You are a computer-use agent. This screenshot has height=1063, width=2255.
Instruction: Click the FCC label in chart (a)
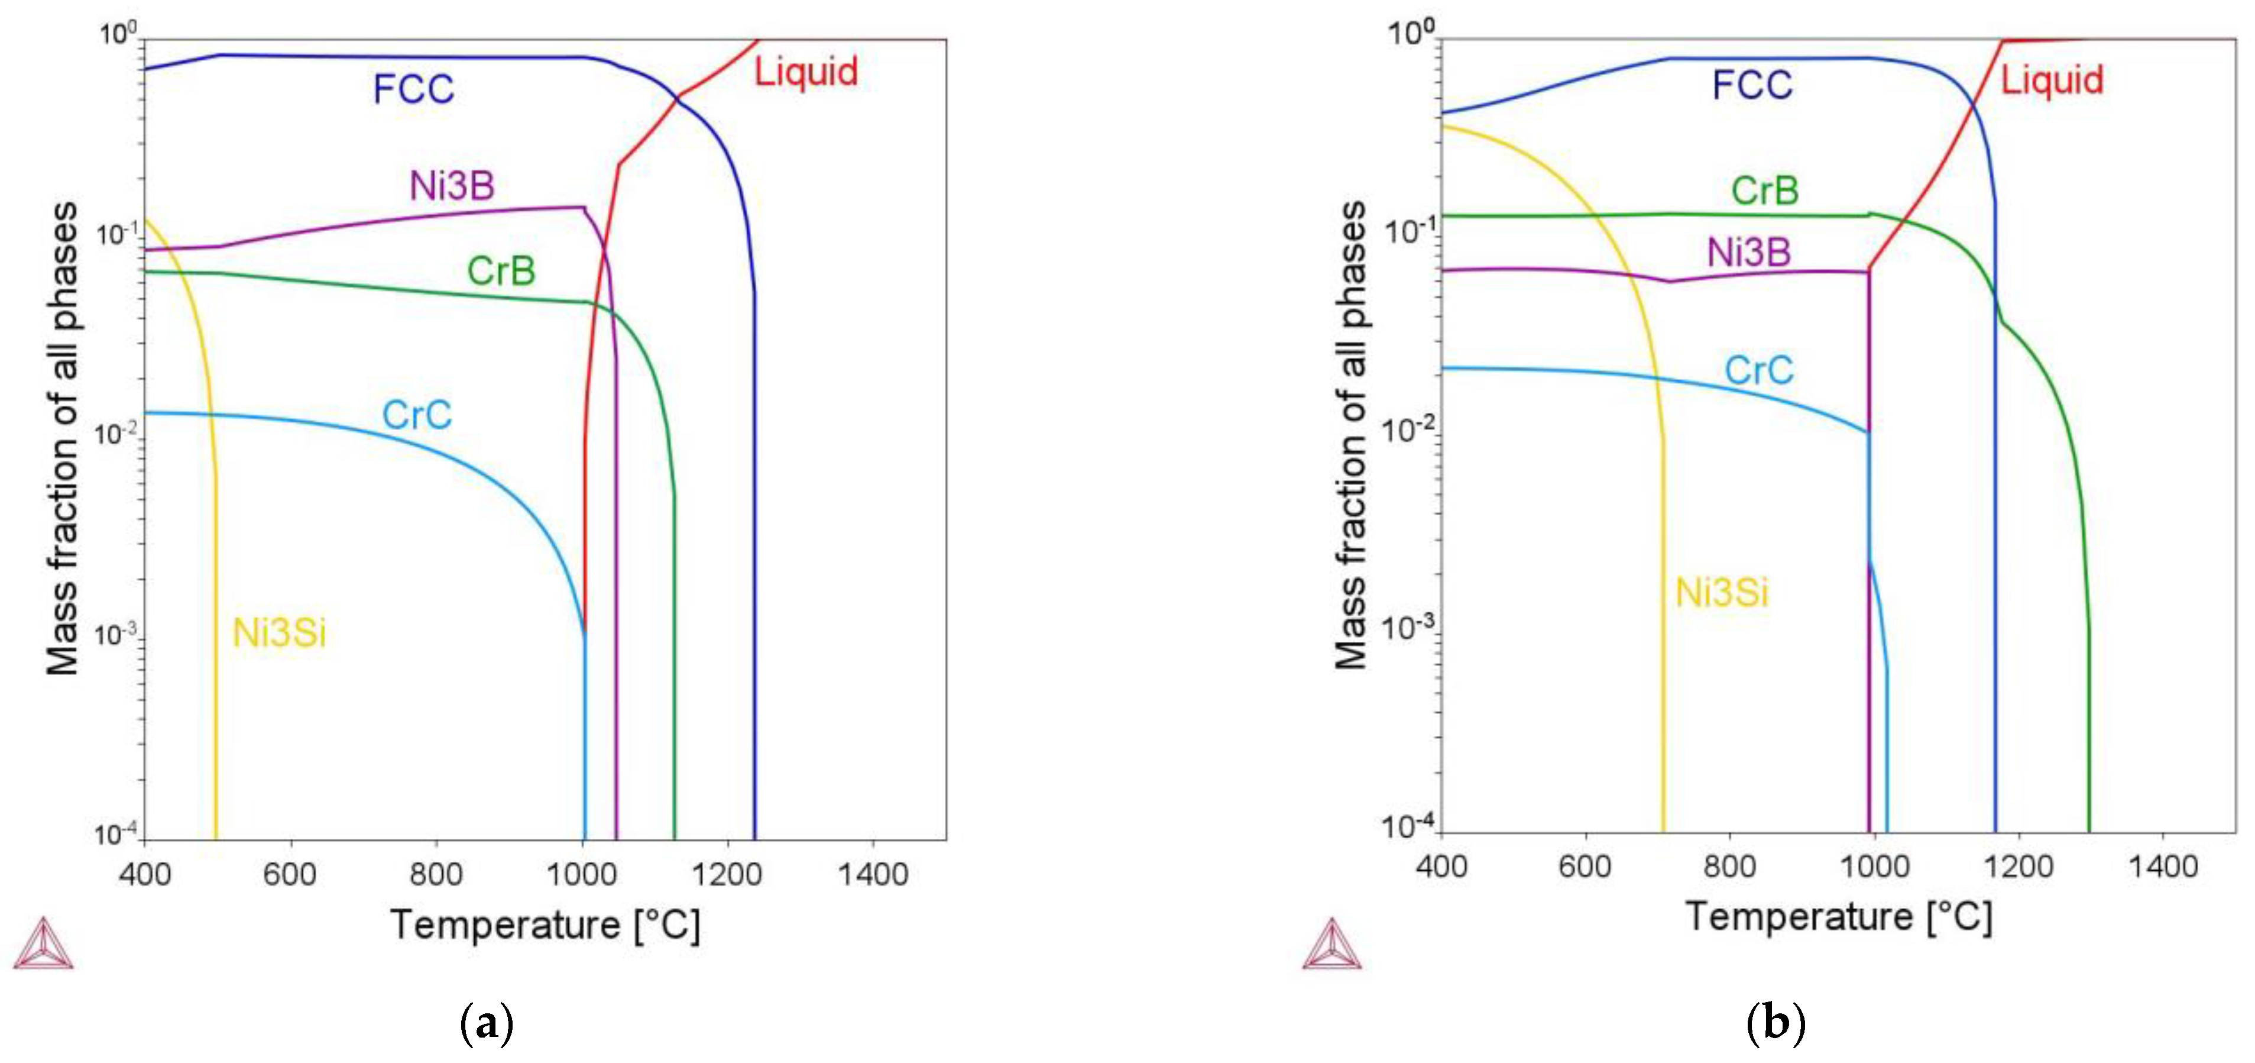pos(413,89)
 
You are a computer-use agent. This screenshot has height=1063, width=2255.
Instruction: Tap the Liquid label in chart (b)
pos(2051,80)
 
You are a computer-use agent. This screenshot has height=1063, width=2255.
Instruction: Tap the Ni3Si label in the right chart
pos(1721,593)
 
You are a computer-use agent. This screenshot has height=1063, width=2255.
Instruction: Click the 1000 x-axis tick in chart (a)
pos(581,873)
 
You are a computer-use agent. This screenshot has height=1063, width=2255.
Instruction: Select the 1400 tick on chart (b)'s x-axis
pos(2162,866)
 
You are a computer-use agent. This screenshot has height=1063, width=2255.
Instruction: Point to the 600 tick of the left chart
pos(290,873)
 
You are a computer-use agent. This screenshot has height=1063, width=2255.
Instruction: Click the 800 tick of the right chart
pos(1729,866)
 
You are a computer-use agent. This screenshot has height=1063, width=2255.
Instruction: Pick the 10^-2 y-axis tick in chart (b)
pos(1407,431)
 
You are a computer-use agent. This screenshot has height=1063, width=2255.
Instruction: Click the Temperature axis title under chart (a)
pos(545,925)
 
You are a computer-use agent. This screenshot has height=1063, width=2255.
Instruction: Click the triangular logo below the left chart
pos(43,945)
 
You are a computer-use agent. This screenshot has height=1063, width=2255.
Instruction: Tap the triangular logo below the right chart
pos(1331,945)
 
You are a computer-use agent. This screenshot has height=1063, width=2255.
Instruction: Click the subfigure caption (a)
pos(486,1023)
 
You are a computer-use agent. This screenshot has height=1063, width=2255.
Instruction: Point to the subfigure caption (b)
pos(1776,1023)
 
